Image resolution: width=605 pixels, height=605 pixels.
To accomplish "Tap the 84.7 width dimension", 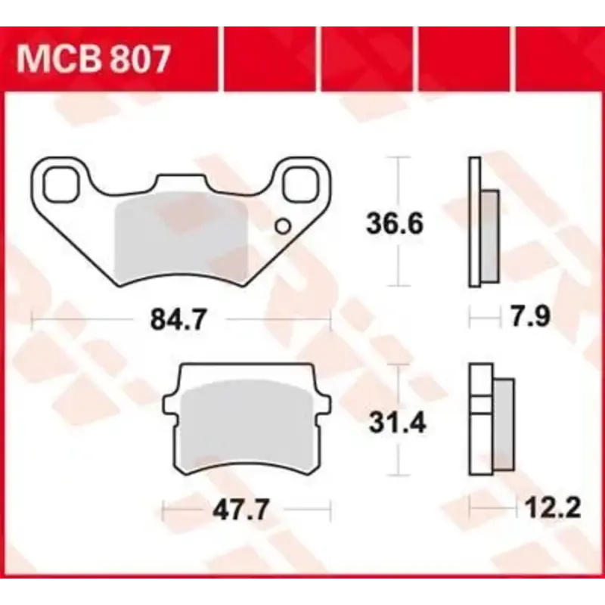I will click(x=179, y=321).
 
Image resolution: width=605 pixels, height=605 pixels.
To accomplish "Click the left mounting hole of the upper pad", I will click(x=60, y=184).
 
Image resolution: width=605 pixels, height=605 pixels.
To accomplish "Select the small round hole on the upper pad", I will click(x=283, y=225).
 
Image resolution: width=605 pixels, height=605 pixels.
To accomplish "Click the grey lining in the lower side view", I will click(x=504, y=423).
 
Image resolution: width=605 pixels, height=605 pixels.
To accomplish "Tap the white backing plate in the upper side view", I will click(x=475, y=223).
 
